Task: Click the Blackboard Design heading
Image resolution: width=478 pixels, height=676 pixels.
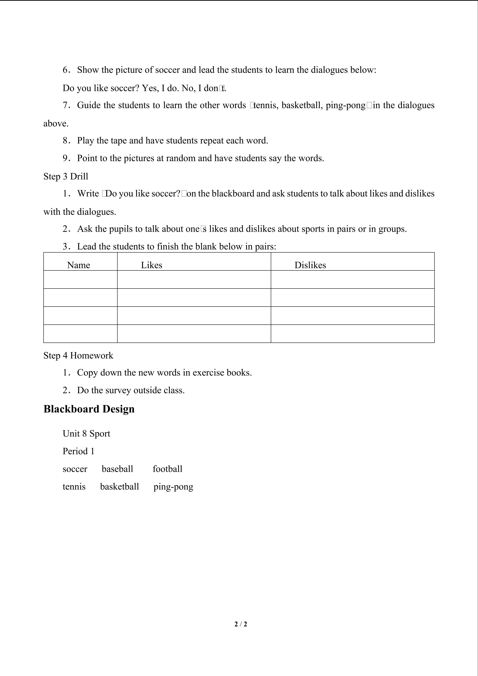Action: (x=89, y=409)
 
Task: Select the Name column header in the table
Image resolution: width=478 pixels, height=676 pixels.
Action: (x=78, y=265)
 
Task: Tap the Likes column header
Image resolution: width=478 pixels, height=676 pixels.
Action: (x=152, y=265)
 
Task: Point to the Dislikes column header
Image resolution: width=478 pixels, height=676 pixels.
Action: (x=310, y=265)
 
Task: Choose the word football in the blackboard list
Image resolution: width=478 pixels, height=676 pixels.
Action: (x=167, y=469)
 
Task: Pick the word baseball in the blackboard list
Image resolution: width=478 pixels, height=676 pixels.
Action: (x=117, y=469)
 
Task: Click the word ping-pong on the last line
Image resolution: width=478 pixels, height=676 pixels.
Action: (x=173, y=487)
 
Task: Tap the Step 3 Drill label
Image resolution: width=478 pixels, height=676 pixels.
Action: (x=66, y=176)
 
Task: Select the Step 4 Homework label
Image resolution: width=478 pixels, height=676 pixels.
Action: (x=78, y=355)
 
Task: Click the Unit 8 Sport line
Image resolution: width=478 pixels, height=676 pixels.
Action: (x=87, y=433)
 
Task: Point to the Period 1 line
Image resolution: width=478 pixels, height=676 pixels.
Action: (x=78, y=451)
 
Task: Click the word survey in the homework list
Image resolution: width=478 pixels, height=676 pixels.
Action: (x=118, y=391)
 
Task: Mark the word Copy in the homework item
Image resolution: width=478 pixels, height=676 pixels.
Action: (x=87, y=373)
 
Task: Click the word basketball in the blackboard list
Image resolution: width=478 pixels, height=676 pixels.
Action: (x=119, y=487)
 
